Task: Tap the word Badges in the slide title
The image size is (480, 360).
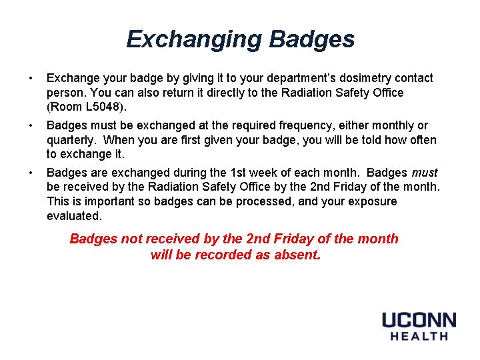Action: pyautogui.click(x=311, y=39)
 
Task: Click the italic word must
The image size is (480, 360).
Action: pyautogui.click(x=424, y=173)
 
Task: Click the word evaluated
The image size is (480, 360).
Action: pyautogui.click(x=73, y=216)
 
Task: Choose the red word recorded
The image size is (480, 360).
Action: pyautogui.click(x=221, y=255)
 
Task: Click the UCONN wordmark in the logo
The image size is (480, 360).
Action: pyautogui.click(x=419, y=320)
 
